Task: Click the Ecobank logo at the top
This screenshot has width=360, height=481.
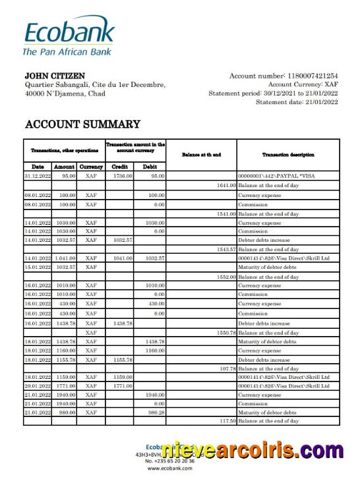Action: click(69, 31)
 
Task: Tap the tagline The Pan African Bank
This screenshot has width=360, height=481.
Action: click(67, 51)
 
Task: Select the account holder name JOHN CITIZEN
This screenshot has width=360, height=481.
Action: click(55, 76)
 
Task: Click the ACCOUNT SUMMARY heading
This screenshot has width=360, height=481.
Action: click(82, 124)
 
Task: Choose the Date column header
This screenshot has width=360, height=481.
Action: click(38, 167)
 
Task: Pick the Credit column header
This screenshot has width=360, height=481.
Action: click(120, 167)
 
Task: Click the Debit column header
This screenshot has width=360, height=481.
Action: click(150, 167)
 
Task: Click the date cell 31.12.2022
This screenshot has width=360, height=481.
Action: click(38, 176)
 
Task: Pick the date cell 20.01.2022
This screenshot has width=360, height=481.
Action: click(38, 385)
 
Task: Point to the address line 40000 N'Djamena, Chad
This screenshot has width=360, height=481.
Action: click(65, 94)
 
